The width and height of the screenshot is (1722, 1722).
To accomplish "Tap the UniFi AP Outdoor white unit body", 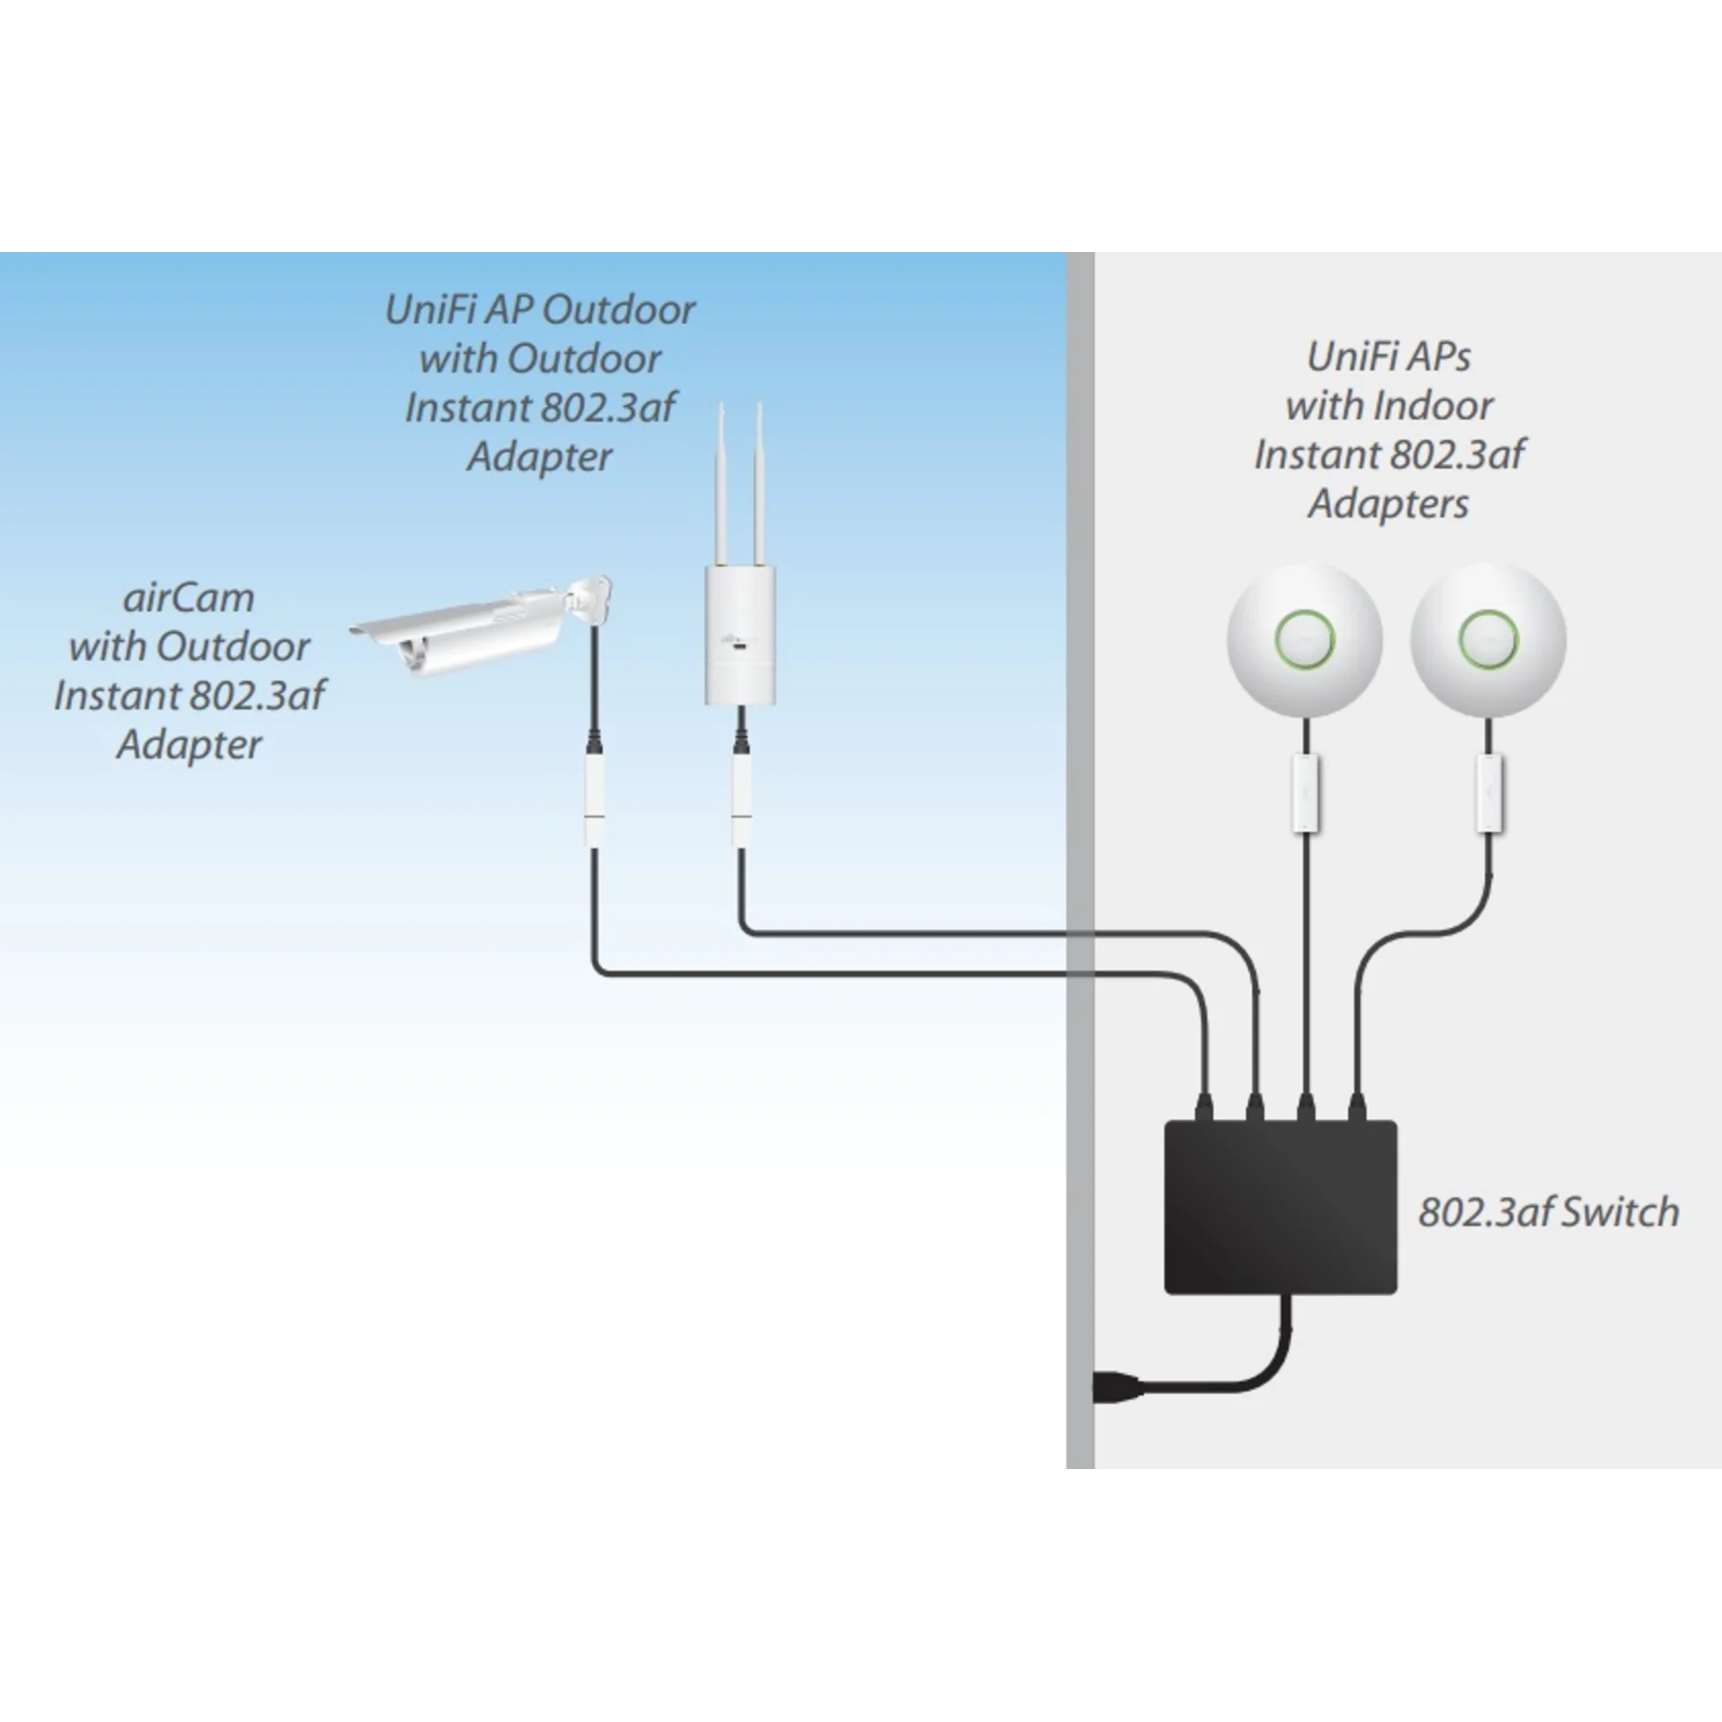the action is coord(741,633).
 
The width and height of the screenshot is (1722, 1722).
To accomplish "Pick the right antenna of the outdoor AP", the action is coord(760,484).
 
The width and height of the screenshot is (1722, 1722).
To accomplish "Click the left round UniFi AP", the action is coord(1305,639).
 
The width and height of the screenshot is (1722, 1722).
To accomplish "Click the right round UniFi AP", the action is coord(1488,639).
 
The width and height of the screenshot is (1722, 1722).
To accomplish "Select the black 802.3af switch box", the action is coord(1280,1207).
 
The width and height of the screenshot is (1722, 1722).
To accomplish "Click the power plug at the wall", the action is coord(1118,1414).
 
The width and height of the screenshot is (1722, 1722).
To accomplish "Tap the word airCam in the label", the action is coord(188,597).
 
